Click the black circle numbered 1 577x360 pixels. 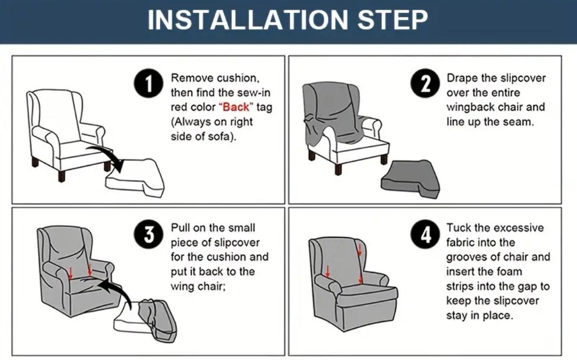pyautogui.click(x=149, y=84)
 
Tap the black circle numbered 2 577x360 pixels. pyautogui.click(x=425, y=84)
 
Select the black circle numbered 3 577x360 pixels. pyautogui.click(x=149, y=234)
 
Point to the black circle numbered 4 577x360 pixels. pyautogui.click(x=425, y=234)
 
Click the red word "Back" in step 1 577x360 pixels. pyautogui.click(x=236, y=107)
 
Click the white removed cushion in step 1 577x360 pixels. pyautogui.click(x=135, y=178)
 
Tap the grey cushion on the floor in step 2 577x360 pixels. pyautogui.click(x=410, y=179)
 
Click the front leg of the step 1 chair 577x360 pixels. pyautogui.click(x=61, y=175)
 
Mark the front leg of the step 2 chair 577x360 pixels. pyautogui.click(x=338, y=168)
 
